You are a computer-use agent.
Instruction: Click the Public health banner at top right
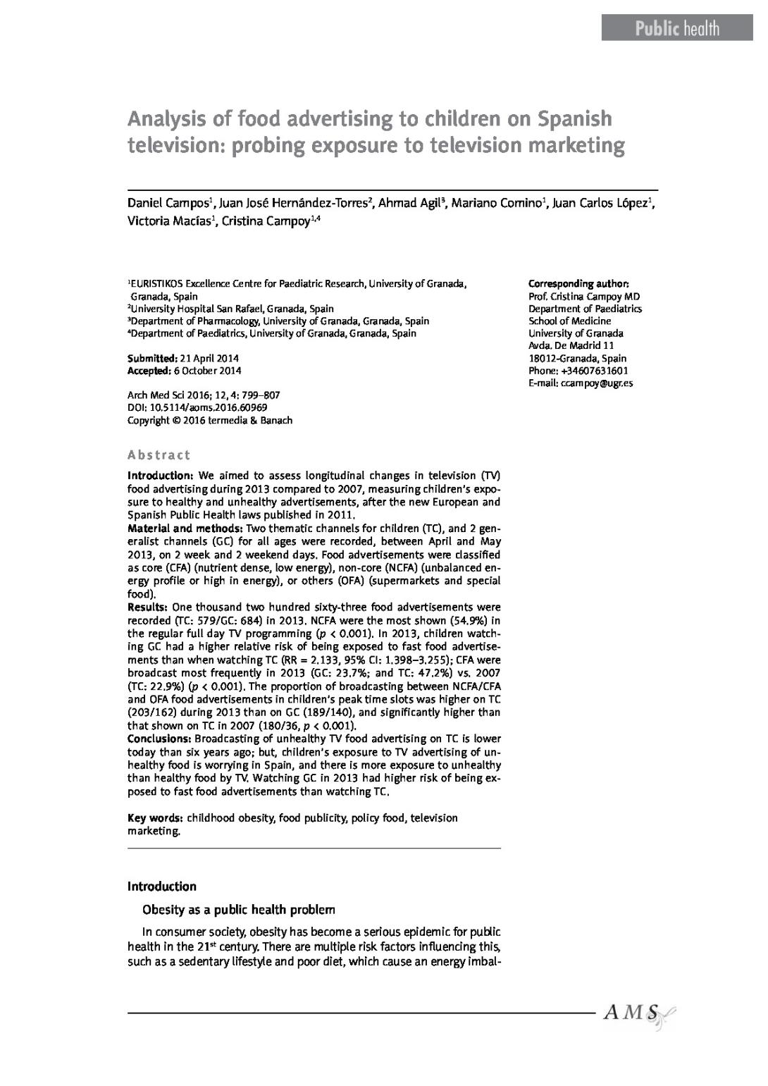click(x=677, y=28)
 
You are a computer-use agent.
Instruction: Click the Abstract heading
click(x=159, y=455)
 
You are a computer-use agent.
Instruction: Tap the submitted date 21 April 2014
click(x=209, y=358)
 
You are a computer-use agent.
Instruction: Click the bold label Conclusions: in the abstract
click(x=159, y=739)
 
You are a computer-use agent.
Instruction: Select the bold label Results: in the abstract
click(x=147, y=607)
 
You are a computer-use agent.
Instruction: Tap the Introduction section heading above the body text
click(x=161, y=886)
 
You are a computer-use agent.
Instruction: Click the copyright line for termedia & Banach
click(x=209, y=420)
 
